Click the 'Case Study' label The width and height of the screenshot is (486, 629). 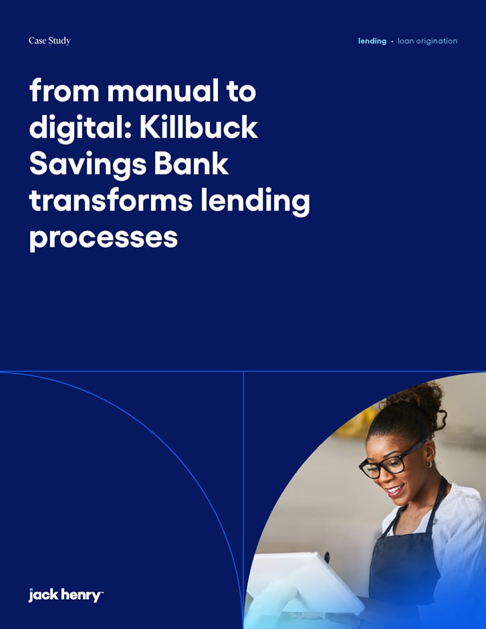pyautogui.click(x=49, y=41)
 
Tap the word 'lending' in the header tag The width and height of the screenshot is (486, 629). pyautogui.click(x=372, y=41)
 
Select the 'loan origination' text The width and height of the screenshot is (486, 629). pyautogui.click(x=427, y=41)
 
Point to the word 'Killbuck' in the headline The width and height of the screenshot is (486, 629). pyautogui.click(x=199, y=127)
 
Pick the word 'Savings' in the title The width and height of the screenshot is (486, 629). pyautogui.click(x=83, y=164)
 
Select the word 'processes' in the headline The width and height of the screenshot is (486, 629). pyautogui.click(x=103, y=237)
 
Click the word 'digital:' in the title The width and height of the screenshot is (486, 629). pyautogui.click(x=79, y=127)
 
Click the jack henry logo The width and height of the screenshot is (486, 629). pyautogui.click(x=66, y=594)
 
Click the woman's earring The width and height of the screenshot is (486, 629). pyautogui.click(x=429, y=463)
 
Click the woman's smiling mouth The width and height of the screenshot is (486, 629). pyautogui.click(x=396, y=490)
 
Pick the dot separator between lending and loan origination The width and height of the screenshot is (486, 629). pyautogui.click(x=392, y=41)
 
